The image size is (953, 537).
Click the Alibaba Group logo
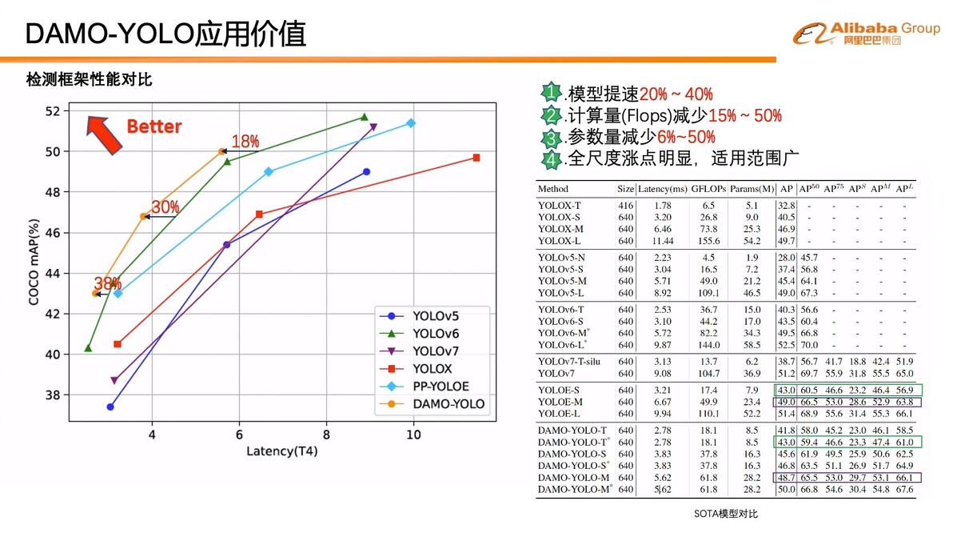click(866, 34)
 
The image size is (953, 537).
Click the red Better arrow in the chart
click(104, 133)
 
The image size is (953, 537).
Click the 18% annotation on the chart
click(245, 142)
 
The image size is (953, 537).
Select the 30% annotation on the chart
click(165, 207)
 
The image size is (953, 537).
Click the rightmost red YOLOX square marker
click(476, 158)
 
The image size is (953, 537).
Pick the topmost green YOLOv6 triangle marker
click(364, 117)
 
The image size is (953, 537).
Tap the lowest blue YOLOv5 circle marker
click(110, 407)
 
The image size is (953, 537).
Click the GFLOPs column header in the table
click(708, 189)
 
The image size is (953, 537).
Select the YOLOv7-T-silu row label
click(569, 362)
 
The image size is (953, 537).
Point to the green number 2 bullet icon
click(551, 115)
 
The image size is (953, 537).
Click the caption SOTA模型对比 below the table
click(726, 513)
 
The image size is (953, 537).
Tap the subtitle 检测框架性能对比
click(89, 80)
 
